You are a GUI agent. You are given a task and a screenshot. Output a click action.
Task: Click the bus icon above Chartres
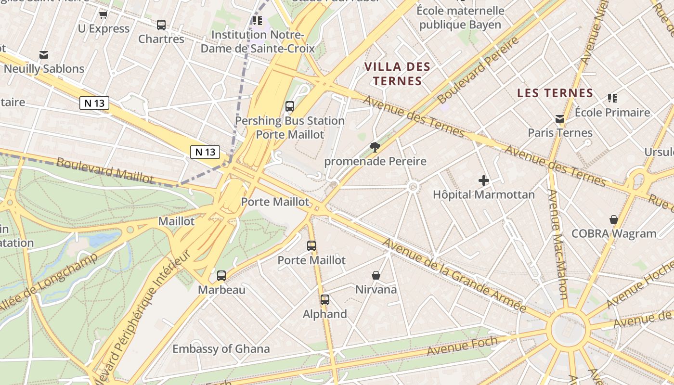pos(161,25)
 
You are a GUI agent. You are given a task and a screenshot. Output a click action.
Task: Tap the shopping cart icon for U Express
pos(103,15)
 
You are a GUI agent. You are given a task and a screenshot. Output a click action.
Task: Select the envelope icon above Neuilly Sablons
pos(44,54)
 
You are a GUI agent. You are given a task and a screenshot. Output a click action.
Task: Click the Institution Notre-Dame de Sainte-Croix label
pos(258,42)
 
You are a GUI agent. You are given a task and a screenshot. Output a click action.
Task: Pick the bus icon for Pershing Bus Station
pos(289,106)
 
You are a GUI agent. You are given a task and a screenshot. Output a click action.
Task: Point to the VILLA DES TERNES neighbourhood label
pos(397,74)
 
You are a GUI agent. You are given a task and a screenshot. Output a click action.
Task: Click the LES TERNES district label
pos(555,93)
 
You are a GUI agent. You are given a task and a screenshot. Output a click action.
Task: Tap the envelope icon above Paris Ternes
pos(560,118)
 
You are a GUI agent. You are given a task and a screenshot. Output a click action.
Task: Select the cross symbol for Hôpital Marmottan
pos(484,180)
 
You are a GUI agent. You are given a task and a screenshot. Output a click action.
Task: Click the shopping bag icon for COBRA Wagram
pos(614,219)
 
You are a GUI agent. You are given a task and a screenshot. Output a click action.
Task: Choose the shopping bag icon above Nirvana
pos(376,275)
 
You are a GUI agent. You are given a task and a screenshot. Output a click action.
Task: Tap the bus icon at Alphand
pos(325,300)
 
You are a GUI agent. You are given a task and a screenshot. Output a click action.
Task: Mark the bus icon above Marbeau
pos(221,276)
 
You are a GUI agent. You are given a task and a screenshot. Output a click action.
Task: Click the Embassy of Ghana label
pos(221,349)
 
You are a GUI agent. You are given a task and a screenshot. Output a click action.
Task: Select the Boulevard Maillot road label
pos(105,170)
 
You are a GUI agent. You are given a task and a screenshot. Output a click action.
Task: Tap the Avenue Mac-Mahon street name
pos(558,244)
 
